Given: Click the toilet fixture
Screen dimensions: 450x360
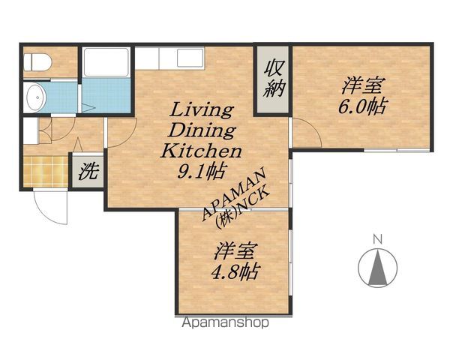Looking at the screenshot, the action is click(x=37, y=62).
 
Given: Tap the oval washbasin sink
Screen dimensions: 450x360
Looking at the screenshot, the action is click(x=37, y=97).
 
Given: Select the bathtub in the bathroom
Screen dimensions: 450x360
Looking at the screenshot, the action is click(x=106, y=62).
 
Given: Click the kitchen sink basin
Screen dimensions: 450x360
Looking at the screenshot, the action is click(x=190, y=58).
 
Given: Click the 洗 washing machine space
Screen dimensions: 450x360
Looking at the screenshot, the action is click(x=88, y=171).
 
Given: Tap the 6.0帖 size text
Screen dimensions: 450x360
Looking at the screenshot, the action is click(x=362, y=106).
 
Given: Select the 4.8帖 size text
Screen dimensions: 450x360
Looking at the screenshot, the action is click(x=235, y=271).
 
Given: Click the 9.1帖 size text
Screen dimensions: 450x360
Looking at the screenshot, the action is click(x=201, y=172).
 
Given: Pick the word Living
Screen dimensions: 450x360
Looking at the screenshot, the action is click(x=202, y=110).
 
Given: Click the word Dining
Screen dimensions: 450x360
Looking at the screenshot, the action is click(x=202, y=130).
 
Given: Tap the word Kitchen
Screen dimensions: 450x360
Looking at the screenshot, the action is click(x=201, y=151).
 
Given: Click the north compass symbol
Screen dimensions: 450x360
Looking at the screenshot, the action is click(x=378, y=268).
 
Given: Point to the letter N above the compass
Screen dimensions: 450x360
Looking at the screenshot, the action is click(x=378, y=238).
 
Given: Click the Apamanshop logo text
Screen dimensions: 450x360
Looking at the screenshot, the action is click(x=225, y=322).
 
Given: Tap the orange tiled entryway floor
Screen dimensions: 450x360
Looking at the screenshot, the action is click(x=46, y=172).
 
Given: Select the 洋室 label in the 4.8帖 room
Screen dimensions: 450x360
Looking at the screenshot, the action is click(x=235, y=251).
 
